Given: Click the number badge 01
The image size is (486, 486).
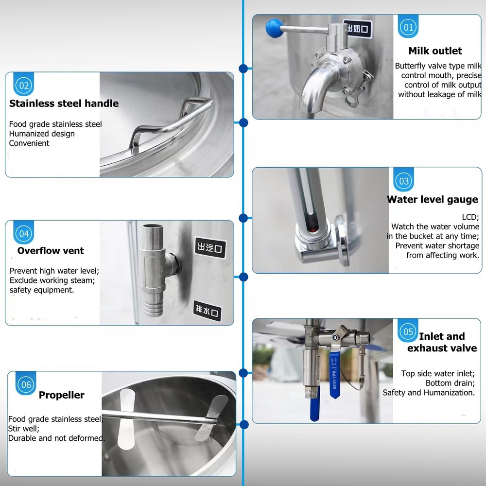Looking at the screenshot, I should [x=408, y=27].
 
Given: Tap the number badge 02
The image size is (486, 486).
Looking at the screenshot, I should [x=24, y=86].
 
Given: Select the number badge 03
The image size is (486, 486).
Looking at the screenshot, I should [x=404, y=181].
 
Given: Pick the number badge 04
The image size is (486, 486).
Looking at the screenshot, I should [x=24, y=234].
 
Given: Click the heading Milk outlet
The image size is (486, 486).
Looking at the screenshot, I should [x=435, y=51].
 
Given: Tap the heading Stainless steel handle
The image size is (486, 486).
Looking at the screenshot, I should [x=64, y=104].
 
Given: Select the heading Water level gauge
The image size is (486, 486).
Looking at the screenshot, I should [x=432, y=200].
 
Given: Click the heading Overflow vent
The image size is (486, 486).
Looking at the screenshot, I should [x=51, y=251].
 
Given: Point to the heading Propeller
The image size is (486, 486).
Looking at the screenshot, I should [x=62, y=395].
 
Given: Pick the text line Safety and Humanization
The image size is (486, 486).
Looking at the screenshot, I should [x=429, y=393].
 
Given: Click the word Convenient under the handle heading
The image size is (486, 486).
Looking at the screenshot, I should [x=29, y=143].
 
